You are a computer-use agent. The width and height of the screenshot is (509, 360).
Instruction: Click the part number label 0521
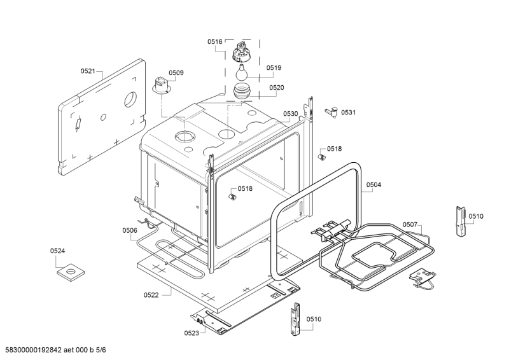click(88, 71)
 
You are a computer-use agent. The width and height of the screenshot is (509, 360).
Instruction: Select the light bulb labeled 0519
click(241, 72)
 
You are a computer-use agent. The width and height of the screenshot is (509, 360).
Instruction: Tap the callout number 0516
click(215, 41)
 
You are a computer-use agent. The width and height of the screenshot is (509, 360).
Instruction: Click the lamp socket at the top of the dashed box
click(242, 51)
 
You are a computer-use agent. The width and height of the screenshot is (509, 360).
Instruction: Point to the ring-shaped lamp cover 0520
click(241, 90)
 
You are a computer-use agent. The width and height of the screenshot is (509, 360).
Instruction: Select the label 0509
click(176, 73)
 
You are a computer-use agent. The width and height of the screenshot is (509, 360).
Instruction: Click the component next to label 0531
click(331, 112)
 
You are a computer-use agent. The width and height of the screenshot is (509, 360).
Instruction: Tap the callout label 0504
click(373, 184)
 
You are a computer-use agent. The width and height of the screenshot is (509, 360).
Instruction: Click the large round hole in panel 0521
click(130, 99)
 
